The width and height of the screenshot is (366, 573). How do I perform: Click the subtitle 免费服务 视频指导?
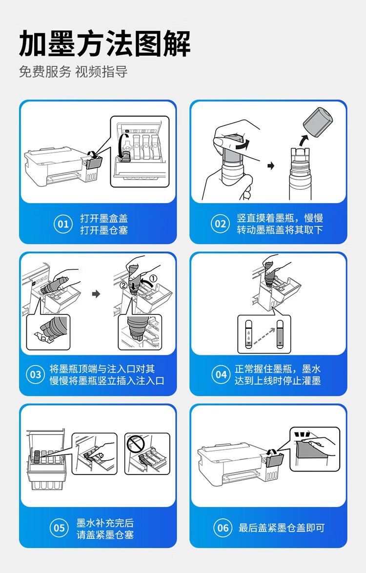pyautogui.click(x=73, y=72)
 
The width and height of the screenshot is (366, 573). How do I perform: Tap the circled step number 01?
pyautogui.click(x=63, y=224)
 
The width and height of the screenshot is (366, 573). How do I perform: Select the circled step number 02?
pyautogui.click(x=220, y=224)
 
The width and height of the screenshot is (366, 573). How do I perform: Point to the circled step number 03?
pyautogui.click(x=36, y=374)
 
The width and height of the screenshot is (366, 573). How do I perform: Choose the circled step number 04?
pyautogui.click(x=221, y=374)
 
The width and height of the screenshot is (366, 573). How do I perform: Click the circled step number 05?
pyautogui.click(x=59, y=528)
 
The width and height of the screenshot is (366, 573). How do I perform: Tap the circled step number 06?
pyautogui.click(x=223, y=528)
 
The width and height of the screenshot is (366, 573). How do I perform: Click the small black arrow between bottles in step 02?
pyautogui.click(x=271, y=166)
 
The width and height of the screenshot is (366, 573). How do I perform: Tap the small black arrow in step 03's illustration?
pyautogui.click(x=96, y=294)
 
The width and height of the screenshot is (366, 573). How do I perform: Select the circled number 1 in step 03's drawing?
pyautogui.click(x=153, y=279)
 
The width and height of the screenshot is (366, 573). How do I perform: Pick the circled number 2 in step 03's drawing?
pyautogui.click(x=123, y=285)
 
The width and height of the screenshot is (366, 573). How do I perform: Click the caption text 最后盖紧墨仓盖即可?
pyautogui.click(x=282, y=528)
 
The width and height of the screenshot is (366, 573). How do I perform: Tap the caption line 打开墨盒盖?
pyautogui.click(x=104, y=218)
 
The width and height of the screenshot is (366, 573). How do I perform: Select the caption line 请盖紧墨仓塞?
pyautogui.click(x=105, y=534)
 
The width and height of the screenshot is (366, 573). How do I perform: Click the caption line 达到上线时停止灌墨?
pyautogui.click(x=278, y=380)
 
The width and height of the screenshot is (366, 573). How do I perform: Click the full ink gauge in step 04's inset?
pyautogui.click(x=280, y=334)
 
